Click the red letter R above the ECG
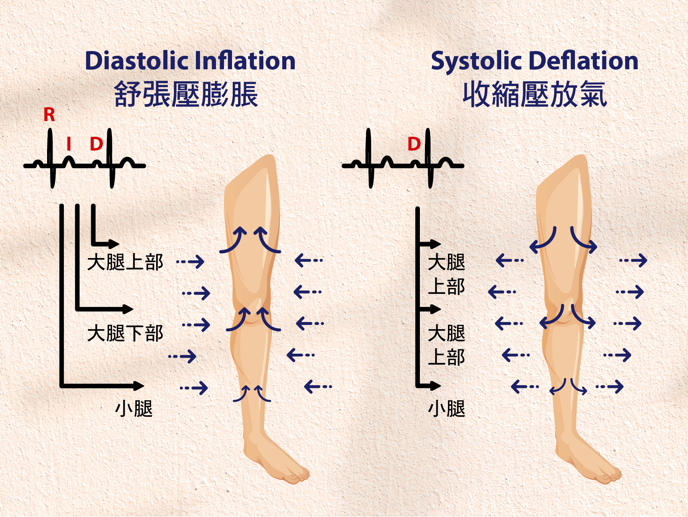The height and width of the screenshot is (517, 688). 49,115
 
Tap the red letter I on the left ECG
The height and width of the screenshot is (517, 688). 69,144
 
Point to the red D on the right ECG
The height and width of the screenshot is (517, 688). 414,144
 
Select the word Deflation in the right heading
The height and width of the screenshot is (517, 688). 583,61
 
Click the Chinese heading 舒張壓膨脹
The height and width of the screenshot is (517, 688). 186,94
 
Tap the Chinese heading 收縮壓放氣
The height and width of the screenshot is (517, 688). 534,94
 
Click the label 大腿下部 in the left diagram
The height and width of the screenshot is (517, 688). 125,333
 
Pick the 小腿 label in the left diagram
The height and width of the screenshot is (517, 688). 134,408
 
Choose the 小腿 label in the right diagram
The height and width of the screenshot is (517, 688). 447,408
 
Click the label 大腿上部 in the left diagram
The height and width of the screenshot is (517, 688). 125,262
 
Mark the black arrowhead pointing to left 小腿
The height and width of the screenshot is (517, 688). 139,386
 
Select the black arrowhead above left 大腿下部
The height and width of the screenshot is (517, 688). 128,309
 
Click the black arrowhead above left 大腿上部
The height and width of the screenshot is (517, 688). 114,244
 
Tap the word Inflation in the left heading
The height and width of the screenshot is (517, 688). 245,61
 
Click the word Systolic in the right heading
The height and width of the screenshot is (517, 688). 476,61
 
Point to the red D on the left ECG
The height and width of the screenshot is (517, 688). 96,144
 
